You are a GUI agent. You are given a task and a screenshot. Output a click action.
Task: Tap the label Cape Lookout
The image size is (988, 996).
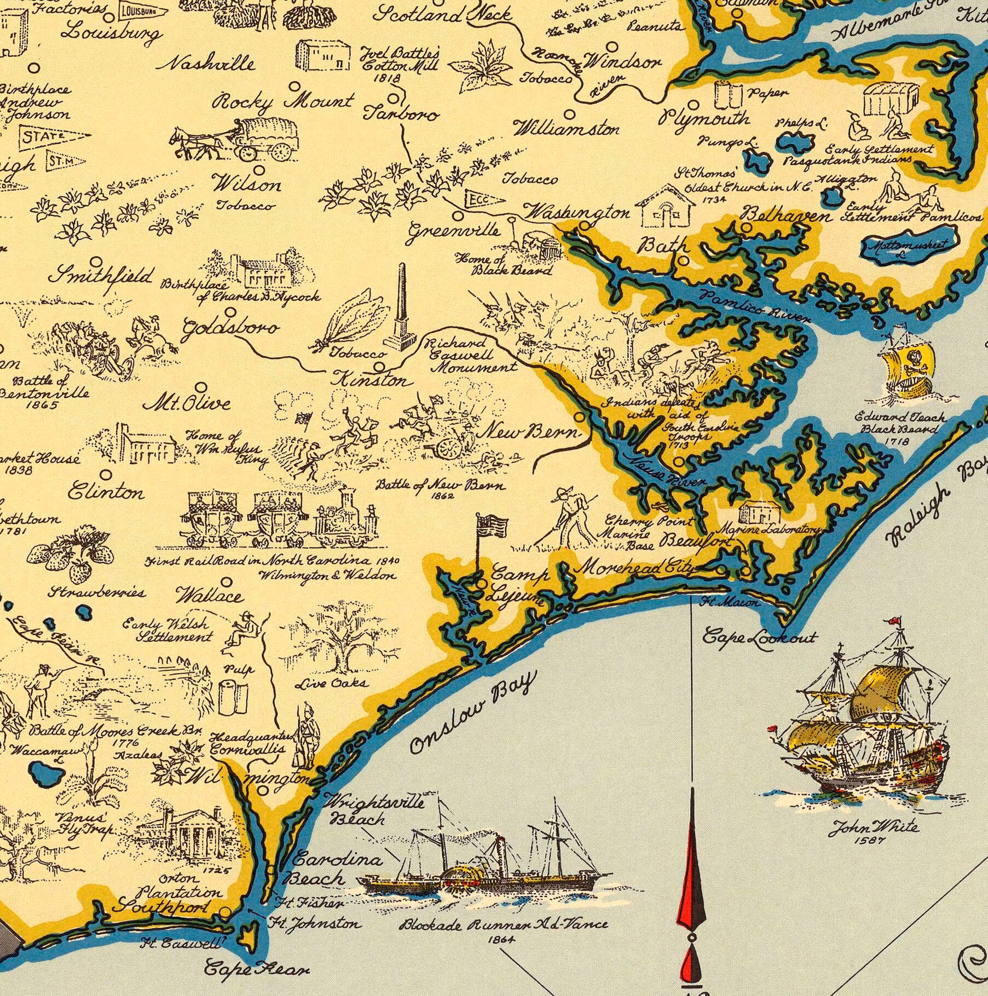(759, 637)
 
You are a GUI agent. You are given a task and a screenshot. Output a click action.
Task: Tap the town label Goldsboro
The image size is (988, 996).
(230, 328)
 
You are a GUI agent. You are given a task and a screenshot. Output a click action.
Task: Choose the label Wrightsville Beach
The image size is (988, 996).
(375, 811)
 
